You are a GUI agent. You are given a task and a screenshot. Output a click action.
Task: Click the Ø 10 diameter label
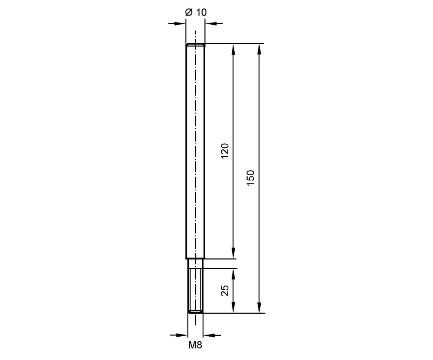pyautogui.click(x=196, y=13)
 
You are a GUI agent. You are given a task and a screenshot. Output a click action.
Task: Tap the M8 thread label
pyautogui.click(x=195, y=345)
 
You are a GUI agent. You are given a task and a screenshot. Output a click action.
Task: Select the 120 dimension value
pyautogui.click(x=225, y=151)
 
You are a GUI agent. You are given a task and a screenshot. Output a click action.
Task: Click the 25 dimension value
pyautogui.click(x=225, y=290)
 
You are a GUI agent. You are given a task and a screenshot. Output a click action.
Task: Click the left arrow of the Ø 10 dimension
pyautogui.click(x=177, y=23)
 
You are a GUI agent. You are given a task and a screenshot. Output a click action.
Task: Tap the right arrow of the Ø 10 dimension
pyautogui.click(x=214, y=23)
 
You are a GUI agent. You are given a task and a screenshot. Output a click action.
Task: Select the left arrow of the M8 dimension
pyautogui.click(x=179, y=335)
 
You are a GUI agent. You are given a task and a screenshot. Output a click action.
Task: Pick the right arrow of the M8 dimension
pyautogui.click(x=212, y=335)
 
